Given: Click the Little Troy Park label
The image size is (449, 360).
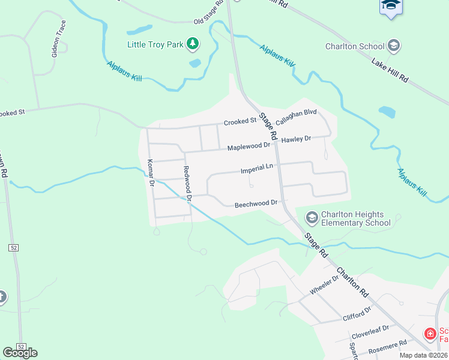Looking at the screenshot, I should tap(155, 44).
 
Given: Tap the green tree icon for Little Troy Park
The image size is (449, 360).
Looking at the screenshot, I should tap(193, 44).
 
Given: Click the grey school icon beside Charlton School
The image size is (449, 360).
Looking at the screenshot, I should tap(394, 45).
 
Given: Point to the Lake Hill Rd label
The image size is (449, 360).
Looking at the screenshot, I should tap(390, 71).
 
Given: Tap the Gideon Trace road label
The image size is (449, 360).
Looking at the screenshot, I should tap(58, 39).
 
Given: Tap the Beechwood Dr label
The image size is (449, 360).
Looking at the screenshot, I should tap(256, 204).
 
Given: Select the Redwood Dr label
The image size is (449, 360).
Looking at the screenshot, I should tap(187, 183).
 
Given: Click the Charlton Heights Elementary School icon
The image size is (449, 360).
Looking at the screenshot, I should tap(312, 217).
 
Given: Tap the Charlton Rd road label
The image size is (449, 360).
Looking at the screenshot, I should tap(351, 281).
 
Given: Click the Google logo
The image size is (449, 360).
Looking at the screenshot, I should tap(20, 352).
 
